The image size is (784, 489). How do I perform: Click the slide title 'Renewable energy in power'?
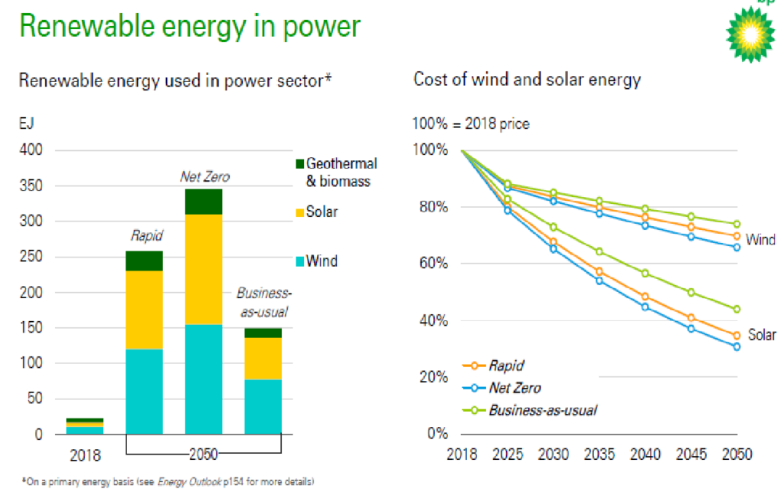pyautogui.click(x=189, y=26)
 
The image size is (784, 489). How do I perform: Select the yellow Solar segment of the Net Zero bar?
pyautogui.click(x=203, y=269)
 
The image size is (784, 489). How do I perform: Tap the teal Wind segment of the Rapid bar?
pyautogui.click(x=144, y=392)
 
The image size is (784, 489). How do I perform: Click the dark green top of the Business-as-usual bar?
pyautogui.click(x=263, y=333)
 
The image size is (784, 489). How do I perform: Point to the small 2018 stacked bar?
pyautogui.click(x=85, y=426)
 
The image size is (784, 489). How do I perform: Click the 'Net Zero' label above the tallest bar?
pyautogui.click(x=204, y=177)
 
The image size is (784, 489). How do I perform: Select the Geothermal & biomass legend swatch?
pyautogui.click(x=299, y=163)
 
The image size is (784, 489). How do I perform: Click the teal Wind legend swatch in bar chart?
pyautogui.click(x=299, y=261)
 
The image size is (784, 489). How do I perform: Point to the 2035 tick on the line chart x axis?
pyautogui.click(x=599, y=455)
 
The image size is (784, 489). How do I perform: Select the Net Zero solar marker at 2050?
pyautogui.click(x=737, y=347)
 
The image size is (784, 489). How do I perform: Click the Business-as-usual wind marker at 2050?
pyautogui.click(x=737, y=225)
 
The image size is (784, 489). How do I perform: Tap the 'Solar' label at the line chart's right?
pyautogui.click(x=762, y=335)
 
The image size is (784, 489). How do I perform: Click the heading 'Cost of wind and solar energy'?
pyautogui.click(x=527, y=80)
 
